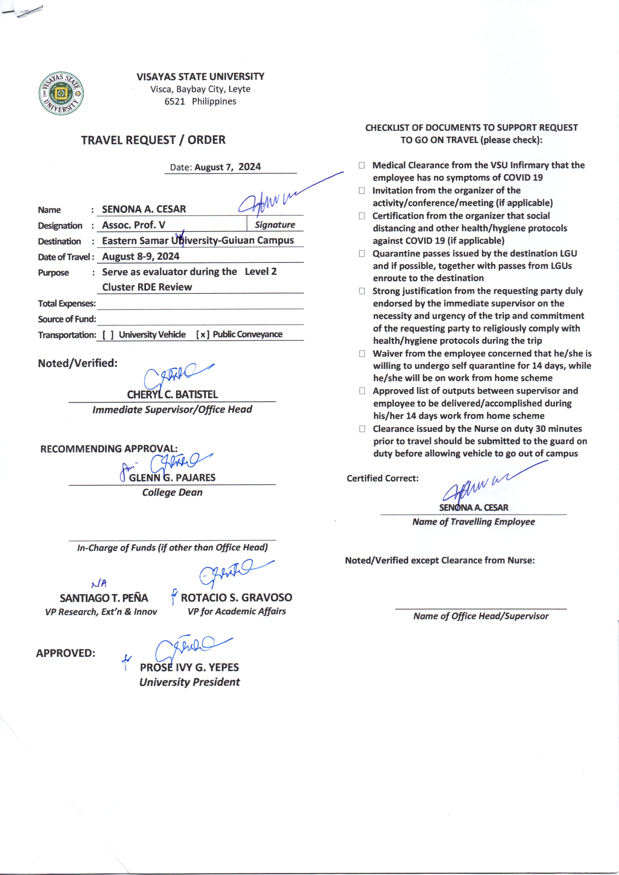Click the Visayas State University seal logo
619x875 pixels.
tap(61, 93)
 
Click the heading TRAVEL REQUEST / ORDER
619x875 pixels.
tap(153, 140)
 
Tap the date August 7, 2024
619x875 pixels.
tap(228, 167)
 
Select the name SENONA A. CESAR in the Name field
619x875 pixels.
tap(144, 209)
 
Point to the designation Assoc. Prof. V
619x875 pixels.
tap(134, 225)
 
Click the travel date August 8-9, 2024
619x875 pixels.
tap(141, 256)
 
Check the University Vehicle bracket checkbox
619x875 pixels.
tap(108, 335)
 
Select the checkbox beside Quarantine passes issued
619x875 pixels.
tap(362, 254)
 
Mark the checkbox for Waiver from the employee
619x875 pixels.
tap(362, 353)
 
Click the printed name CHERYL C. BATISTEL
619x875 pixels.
tap(172, 394)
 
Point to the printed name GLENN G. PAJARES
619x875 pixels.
tap(172, 477)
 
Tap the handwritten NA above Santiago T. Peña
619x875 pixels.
tap(99, 583)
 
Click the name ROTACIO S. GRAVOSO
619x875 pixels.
tap(236, 597)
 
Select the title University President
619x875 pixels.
tap(189, 682)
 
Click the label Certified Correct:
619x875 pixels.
tap(382, 478)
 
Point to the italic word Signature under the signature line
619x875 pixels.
tap(275, 225)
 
